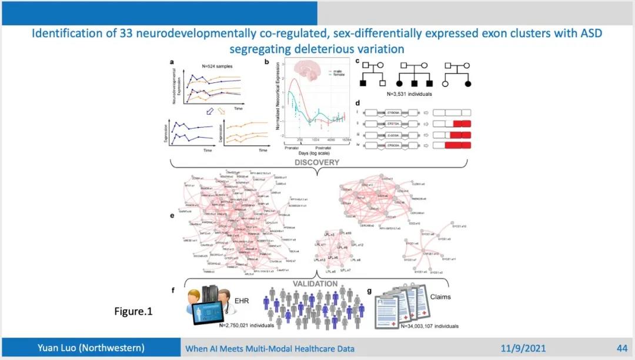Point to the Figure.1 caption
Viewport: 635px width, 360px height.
(x=133, y=311)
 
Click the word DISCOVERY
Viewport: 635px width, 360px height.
(x=317, y=162)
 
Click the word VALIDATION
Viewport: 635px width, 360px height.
(x=316, y=284)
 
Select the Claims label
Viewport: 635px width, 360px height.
(x=439, y=297)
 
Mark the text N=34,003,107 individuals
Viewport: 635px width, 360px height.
(x=429, y=325)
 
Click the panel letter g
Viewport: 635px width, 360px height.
(x=369, y=291)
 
